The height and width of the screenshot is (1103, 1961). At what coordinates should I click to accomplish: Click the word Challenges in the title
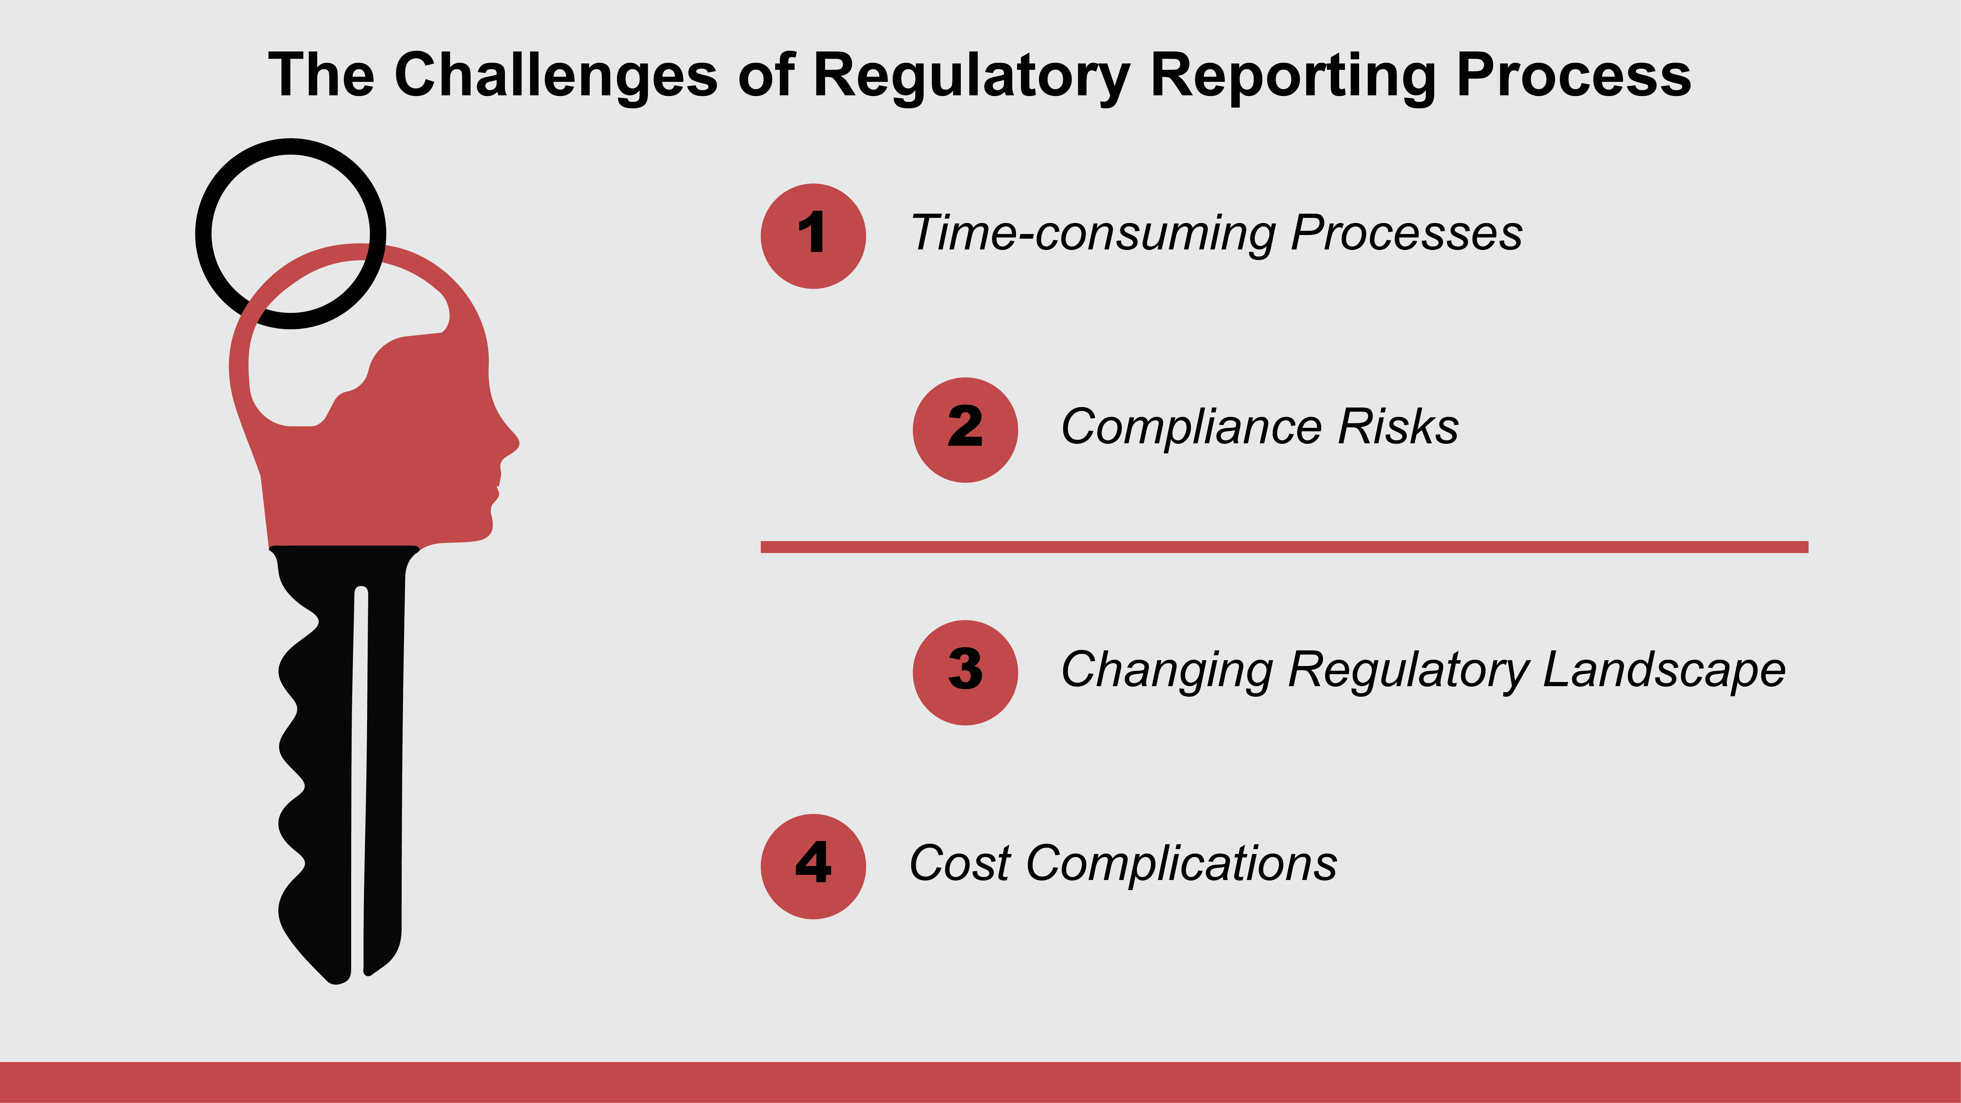click(x=556, y=76)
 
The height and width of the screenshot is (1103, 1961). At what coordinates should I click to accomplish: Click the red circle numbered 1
click(x=813, y=236)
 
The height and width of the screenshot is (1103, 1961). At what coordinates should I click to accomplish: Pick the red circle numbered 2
click(x=965, y=430)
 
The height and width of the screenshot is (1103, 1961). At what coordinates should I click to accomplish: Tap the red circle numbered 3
click(x=965, y=672)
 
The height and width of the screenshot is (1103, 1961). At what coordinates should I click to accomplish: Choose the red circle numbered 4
click(x=813, y=866)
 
